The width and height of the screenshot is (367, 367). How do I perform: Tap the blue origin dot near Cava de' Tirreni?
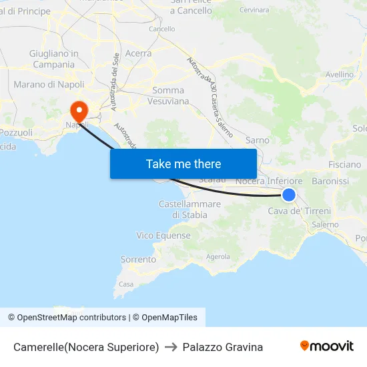289,194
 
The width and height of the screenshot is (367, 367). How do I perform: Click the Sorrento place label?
138,259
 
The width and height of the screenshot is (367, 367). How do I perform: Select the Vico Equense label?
163,236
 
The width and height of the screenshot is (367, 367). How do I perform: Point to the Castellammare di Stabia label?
190,209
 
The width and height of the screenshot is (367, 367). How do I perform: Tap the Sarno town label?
258,140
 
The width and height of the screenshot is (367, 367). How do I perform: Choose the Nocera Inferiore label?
270,181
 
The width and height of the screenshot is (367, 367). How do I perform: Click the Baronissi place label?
330,181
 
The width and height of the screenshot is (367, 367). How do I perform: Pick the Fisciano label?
345,164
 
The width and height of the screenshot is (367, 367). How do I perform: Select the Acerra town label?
138,53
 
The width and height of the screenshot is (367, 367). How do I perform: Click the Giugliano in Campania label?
54,59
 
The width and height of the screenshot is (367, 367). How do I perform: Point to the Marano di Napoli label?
49,85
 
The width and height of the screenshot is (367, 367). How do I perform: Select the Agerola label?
218,256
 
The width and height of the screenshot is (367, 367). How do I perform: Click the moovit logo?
327,346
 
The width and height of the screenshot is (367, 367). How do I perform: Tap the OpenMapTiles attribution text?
165,318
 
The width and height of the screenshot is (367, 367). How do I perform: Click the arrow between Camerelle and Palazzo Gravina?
171,347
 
